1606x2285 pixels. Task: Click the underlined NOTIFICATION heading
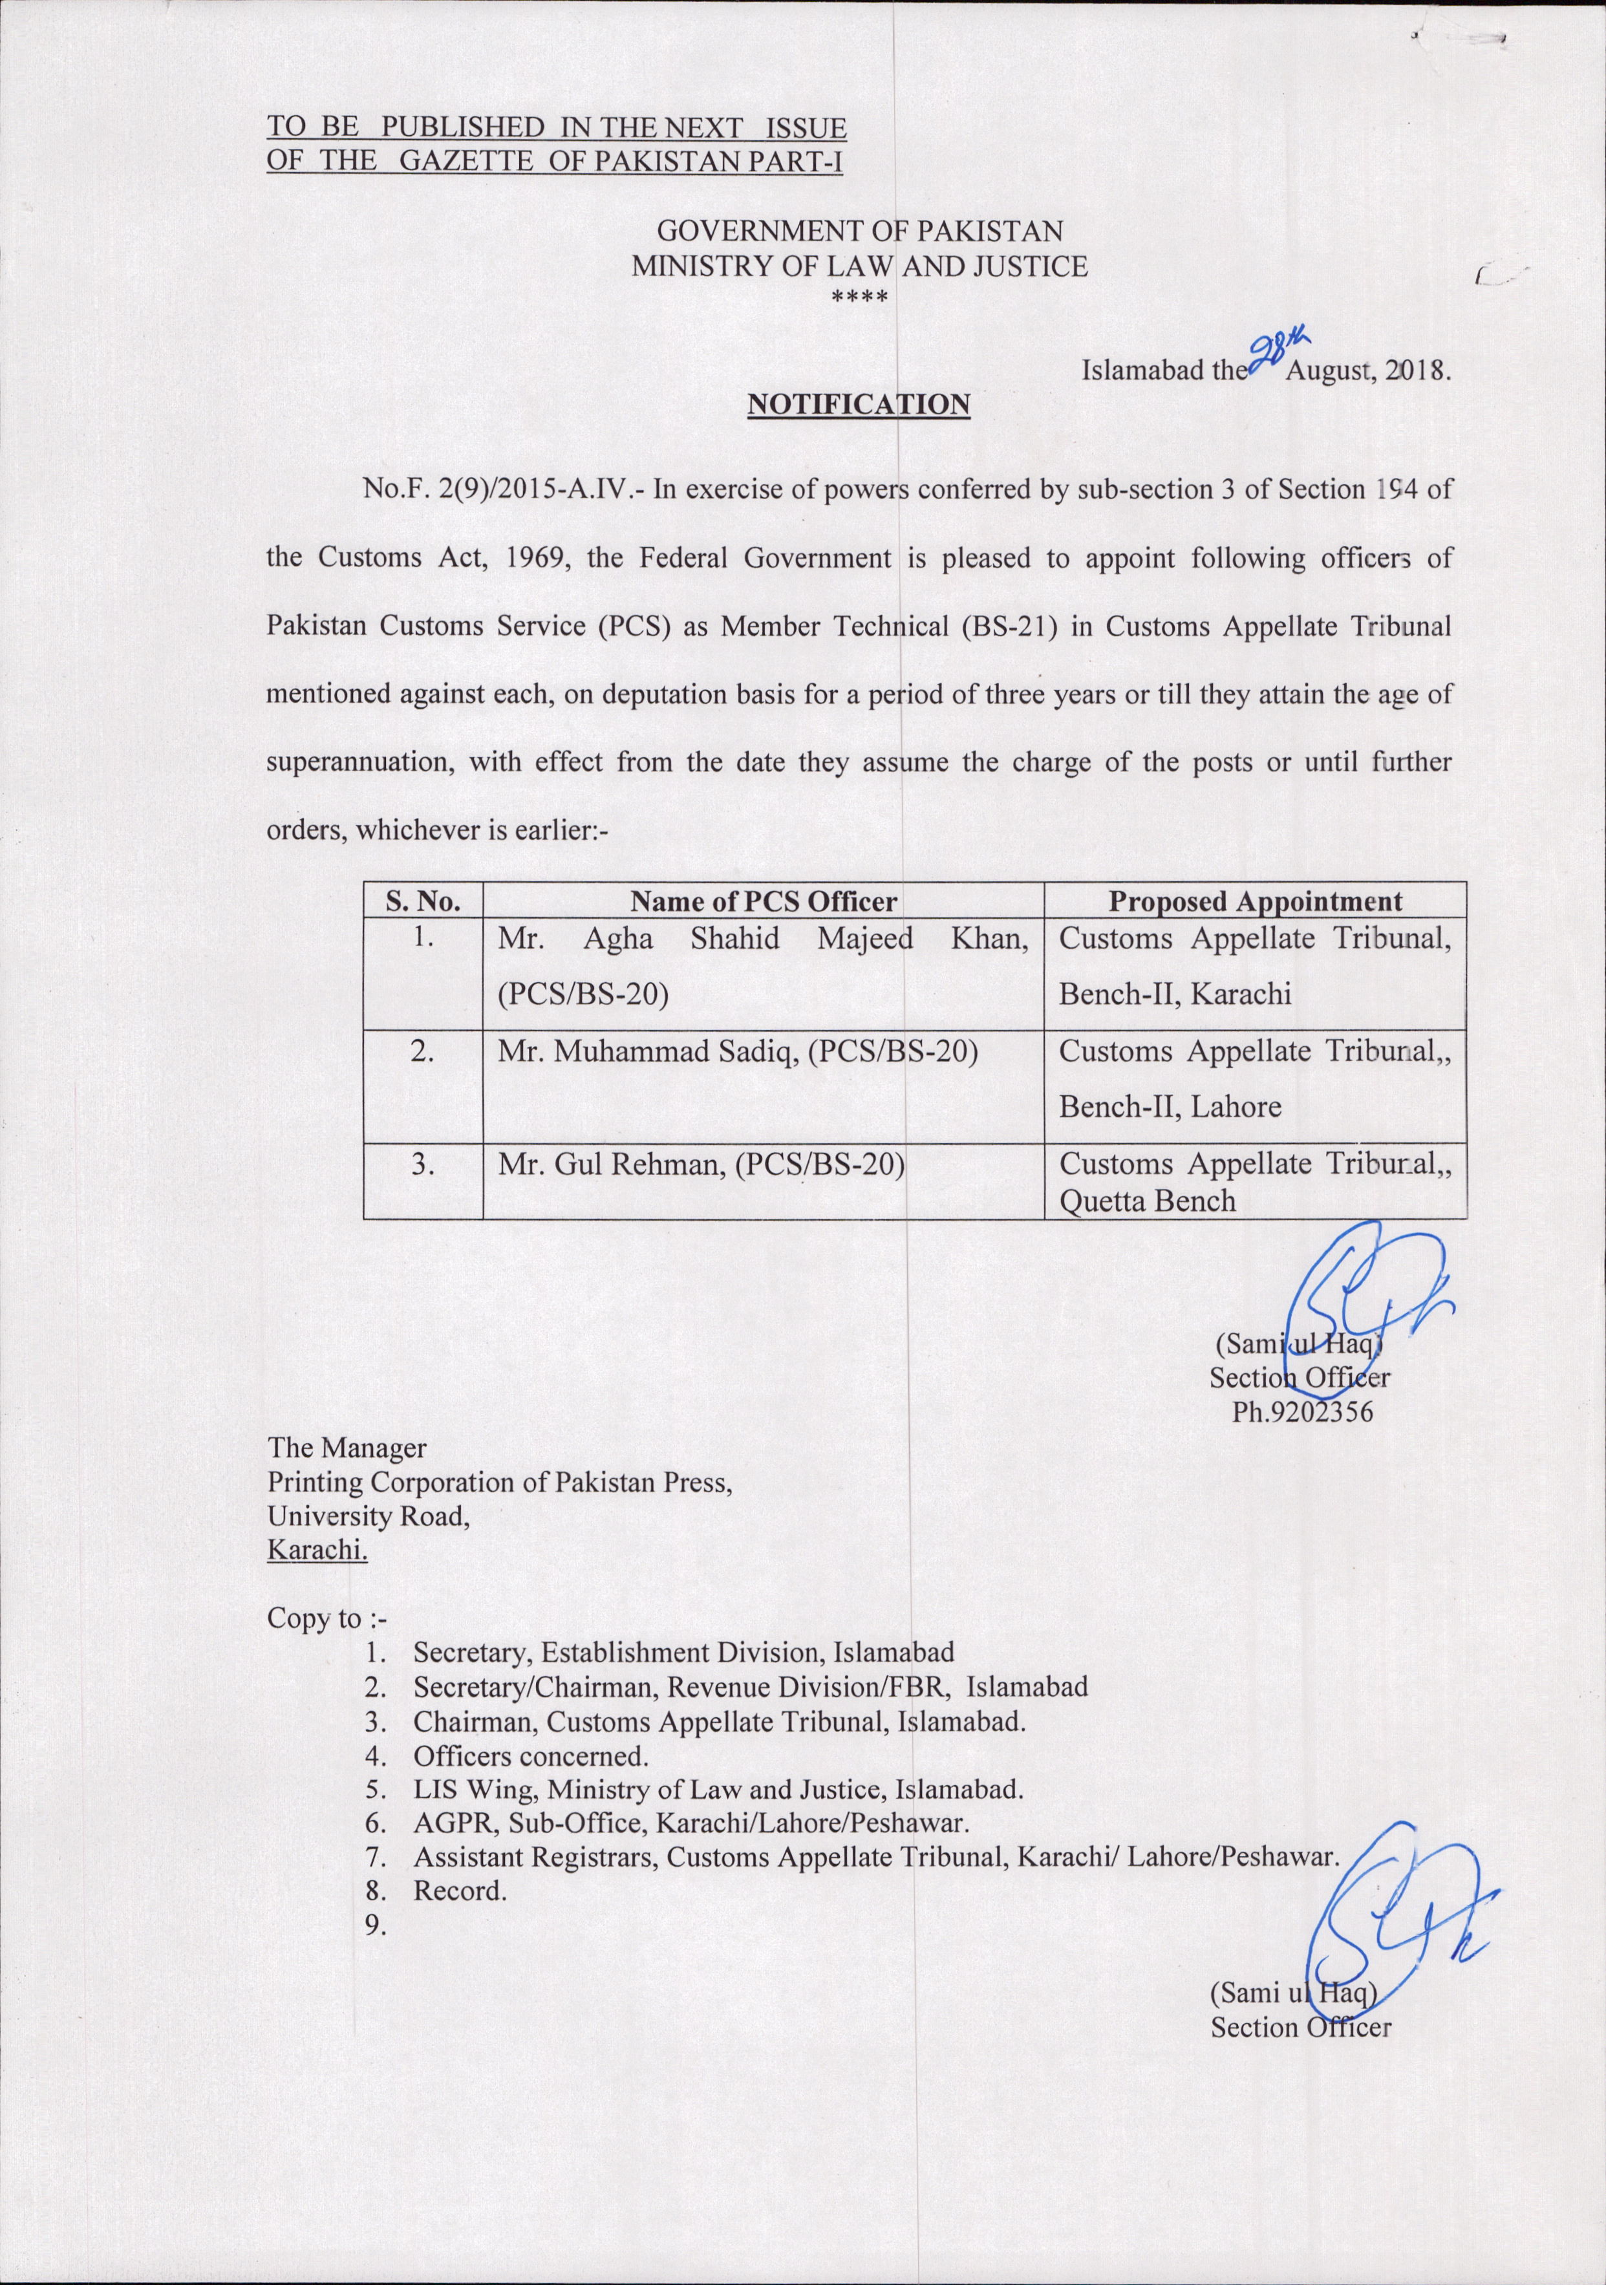click(x=858, y=404)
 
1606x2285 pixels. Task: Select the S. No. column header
click(x=423, y=902)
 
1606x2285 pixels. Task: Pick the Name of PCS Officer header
click(x=763, y=902)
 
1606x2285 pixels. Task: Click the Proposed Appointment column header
click(x=1255, y=902)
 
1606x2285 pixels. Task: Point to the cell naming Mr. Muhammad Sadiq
click(x=737, y=1051)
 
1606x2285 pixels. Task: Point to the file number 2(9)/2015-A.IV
click(x=532, y=489)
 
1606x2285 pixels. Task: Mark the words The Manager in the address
click(x=347, y=1448)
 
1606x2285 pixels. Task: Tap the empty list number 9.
click(x=375, y=1926)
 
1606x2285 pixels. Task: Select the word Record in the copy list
click(x=458, y=1891)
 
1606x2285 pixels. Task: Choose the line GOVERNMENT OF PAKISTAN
click(x=860, y=232)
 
